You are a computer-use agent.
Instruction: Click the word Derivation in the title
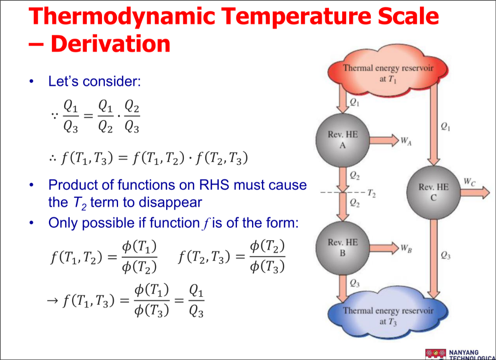[x=111, y=44]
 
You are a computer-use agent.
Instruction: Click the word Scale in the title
[x=408, y=16]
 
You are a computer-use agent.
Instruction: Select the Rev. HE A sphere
[x=343, y=140]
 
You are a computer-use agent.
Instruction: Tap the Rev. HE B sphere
[x=343, y=248]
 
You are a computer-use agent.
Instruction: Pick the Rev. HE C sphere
[x=433, y=193]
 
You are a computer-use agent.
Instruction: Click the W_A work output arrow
[x=384, y=140]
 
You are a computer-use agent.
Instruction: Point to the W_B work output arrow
[x=384, y=248]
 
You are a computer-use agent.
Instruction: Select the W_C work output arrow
[x=475, y=193]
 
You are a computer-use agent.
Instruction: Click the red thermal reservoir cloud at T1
[x=388, y=71]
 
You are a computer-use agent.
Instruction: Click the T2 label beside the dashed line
[x=371, y=193]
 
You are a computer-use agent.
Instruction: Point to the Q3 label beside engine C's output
[x=445, y=255]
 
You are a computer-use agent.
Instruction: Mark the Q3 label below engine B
[x=355, y=283]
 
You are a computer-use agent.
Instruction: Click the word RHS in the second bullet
[x=214, y=185]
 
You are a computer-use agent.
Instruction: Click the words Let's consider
[x=94, y=81]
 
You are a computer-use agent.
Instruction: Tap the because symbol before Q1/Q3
[x=55, y=116]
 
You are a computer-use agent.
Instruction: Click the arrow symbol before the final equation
[x=53, y=301]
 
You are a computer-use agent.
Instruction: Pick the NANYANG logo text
[x=464, y=353]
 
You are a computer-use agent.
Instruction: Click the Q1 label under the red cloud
[x=354, y=102]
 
